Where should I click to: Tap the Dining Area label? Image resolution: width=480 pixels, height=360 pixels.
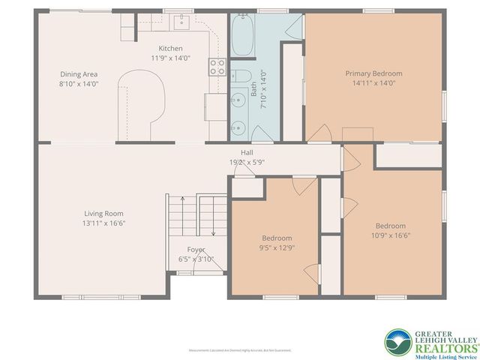click(x=79, y=74)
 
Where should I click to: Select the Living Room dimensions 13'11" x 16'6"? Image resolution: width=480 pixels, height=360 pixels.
click(x=103, y=223)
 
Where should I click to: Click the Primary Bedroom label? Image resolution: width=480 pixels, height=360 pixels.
click(x=373, y=73)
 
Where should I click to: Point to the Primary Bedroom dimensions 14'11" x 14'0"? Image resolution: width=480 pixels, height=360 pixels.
click(x=373, y=83)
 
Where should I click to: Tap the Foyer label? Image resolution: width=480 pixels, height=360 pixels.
click(x=196, y=250)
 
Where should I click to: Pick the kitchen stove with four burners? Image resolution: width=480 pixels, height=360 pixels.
click(x=217, y=67)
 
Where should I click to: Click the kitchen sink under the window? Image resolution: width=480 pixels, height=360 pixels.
click(x=181, y=22)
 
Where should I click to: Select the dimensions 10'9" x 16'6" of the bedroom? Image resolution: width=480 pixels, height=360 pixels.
click(x=391, y=235)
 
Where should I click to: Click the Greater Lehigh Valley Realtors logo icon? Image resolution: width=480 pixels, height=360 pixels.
click(x=398, y=342)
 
